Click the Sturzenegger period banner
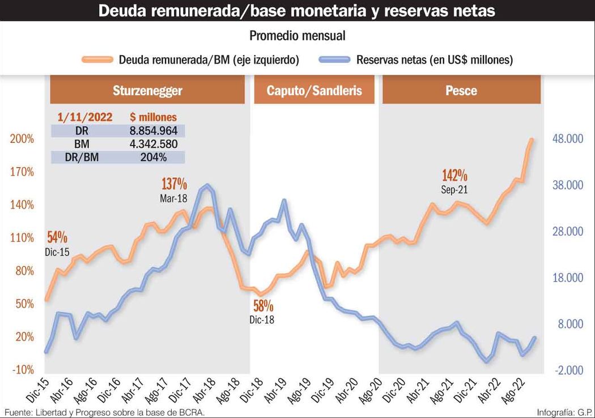[147, 90]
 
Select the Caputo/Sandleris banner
[314, 90]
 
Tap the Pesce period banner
[461, 90]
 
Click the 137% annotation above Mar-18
[174, 184]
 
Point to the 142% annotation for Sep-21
[454, 175]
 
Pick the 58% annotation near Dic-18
[263, 306]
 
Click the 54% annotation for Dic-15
[57, 237]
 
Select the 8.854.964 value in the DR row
[154, 131]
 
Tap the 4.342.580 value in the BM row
[154, 144]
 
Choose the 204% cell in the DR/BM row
[154, 157]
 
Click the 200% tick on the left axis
[22, 139]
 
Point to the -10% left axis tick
[23, 369]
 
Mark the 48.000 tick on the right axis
[568, 138]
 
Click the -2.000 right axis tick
[569, 370]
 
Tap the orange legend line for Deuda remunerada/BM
[97, 59]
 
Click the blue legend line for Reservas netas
[335, 59]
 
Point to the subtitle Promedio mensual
[297, 36]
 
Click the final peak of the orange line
[532, 140]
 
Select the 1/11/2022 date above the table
[85, 117]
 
